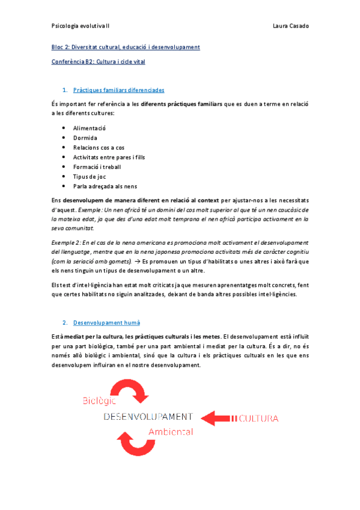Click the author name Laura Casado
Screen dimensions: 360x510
point(290,26)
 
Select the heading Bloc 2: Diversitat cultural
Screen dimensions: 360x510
point(126,47)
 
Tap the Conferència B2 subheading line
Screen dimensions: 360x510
point(98,61)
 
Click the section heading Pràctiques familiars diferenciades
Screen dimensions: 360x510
point(118,90)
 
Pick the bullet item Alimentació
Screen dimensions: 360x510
point(90,128)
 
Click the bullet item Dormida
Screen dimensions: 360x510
point(85,138)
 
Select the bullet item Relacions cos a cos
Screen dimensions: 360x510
point(99,147)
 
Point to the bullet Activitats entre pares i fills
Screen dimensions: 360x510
point(109,157)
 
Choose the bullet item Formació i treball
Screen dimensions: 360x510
point(96,167)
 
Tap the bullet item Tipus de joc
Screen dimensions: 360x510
point(89,177)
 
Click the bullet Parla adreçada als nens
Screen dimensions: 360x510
point(105,186)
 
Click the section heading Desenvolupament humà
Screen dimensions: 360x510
point(106,323)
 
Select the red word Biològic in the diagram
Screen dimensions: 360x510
point(99,401)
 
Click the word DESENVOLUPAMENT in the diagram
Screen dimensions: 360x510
point(148,416)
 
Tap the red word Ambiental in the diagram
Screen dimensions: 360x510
point(171,432)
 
